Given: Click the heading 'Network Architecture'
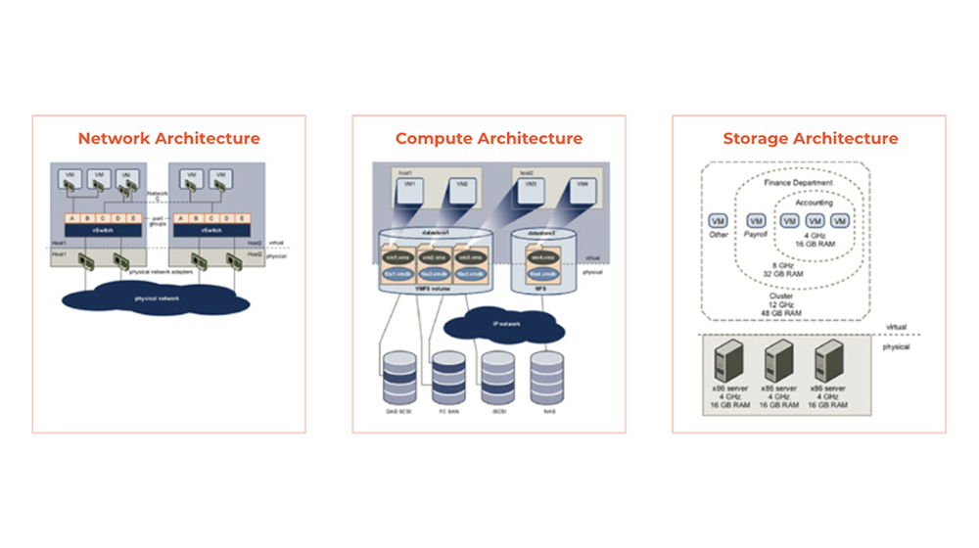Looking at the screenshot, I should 168,139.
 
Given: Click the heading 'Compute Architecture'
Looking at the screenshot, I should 489,139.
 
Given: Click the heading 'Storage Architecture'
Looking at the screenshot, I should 810,139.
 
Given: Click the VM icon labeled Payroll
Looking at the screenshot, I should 755,221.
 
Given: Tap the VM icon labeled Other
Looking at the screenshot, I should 718,221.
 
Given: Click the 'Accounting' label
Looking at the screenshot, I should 815,203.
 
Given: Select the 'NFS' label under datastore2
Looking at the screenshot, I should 536,291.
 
